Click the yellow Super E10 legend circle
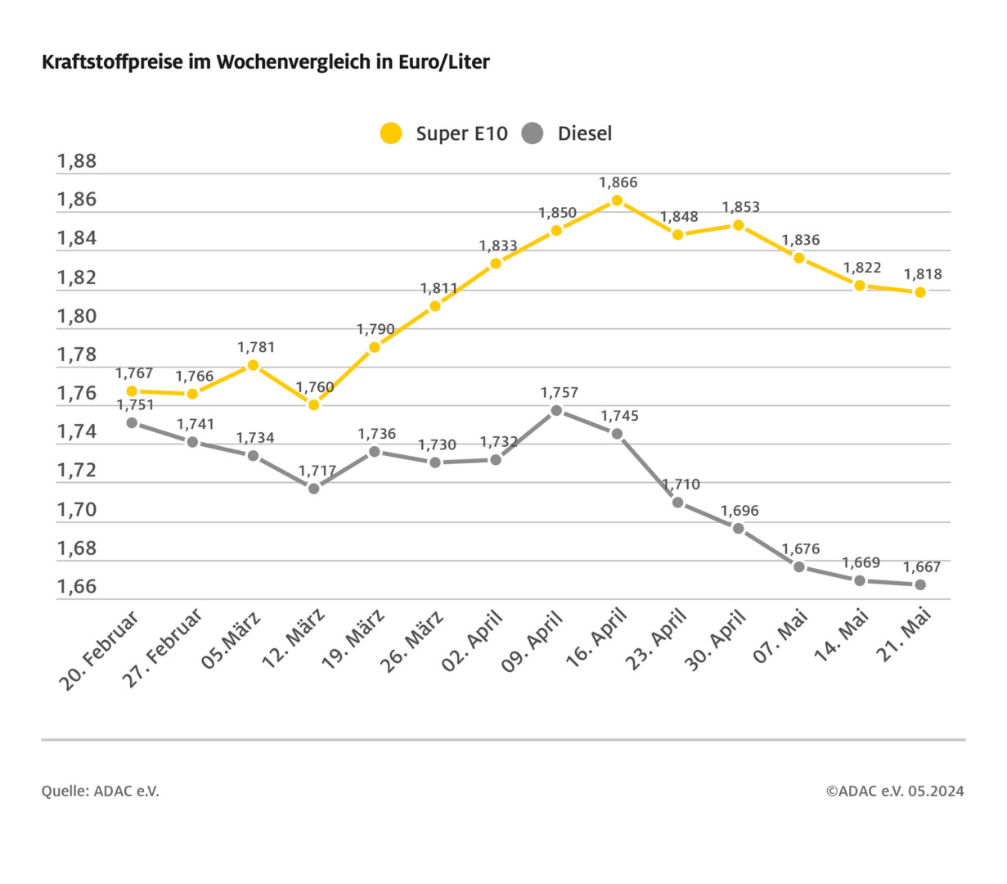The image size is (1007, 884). (391, 133)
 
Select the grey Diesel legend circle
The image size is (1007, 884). (533, 133)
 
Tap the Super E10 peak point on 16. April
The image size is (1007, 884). (618, 201)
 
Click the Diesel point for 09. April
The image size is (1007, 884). (556, 410)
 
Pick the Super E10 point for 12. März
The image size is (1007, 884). (314, 404)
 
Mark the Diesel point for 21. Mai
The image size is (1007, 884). (920, 584)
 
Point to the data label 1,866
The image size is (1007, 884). (618, 183)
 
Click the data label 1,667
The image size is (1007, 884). (922, 566)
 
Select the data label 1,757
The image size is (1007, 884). (560, 393)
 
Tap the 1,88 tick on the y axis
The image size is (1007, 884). (76, 161)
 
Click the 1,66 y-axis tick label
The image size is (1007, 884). (76, 587)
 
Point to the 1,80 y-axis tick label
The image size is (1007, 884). (76, 317)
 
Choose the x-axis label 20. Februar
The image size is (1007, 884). (100, 650)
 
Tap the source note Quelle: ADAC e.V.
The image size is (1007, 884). (100, 791)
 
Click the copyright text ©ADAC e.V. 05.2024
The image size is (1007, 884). (894, 791)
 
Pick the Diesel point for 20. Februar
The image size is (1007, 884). (133, 422)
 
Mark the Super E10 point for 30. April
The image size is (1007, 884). (739, 225)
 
